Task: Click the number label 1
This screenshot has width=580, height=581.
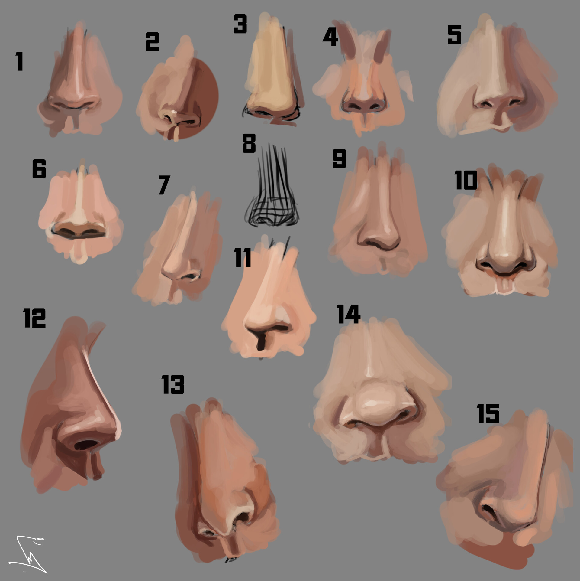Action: click(20, 61)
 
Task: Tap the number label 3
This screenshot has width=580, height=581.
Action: click(240, 24)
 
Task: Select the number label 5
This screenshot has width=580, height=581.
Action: click(454, 35)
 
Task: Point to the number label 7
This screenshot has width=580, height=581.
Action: click(164, 185)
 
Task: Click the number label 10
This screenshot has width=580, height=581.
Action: click(466, 180)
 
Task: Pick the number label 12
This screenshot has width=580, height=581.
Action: click(34, 318)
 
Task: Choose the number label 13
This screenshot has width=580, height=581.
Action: click(173, 384)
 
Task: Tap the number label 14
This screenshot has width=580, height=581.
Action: click(348, 314)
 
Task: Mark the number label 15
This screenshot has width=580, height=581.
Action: click(488, 414)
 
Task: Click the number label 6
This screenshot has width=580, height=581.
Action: click(39, 168)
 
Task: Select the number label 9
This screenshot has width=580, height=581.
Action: click(339, 158)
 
